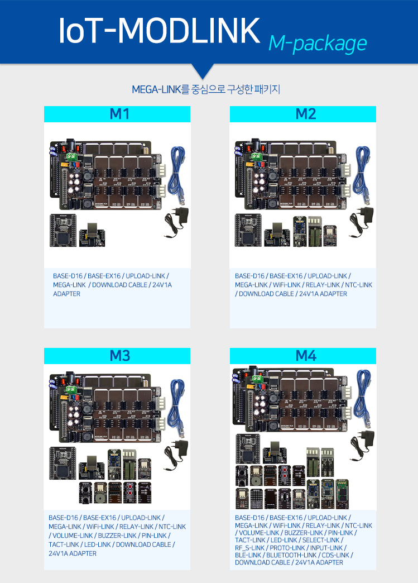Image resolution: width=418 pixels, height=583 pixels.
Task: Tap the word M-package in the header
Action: [x=317, y=42]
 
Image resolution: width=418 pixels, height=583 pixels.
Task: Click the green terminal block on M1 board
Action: [x=71, y=157]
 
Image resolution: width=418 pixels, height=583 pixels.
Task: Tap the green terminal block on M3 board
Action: [x=71, y=389]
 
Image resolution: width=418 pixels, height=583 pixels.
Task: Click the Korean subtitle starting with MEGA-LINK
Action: [x=205, y=89]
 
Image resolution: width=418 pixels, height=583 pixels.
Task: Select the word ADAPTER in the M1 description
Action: [x=66, y=294]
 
